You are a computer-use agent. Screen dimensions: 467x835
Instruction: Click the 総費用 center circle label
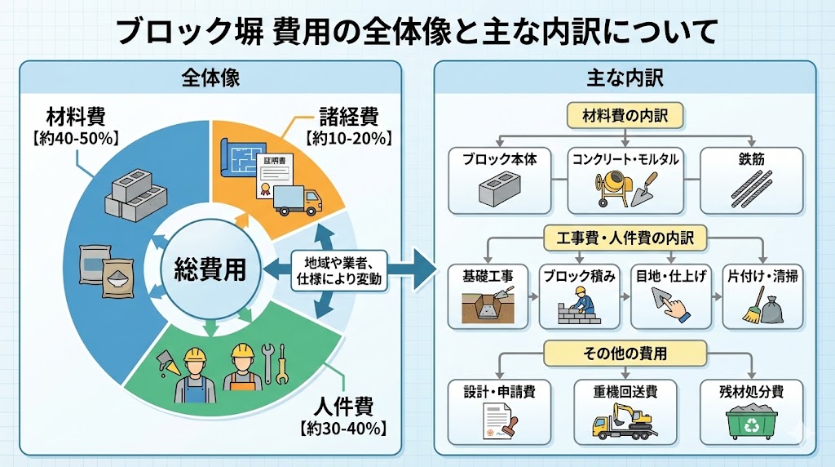211,270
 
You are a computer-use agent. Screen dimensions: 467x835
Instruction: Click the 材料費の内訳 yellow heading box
625,116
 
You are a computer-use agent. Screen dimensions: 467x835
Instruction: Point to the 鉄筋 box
752,179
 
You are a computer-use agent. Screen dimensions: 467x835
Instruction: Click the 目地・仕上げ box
670,294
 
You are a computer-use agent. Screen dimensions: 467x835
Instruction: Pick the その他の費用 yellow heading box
625,354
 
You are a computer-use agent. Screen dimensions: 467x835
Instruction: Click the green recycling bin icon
750,424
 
